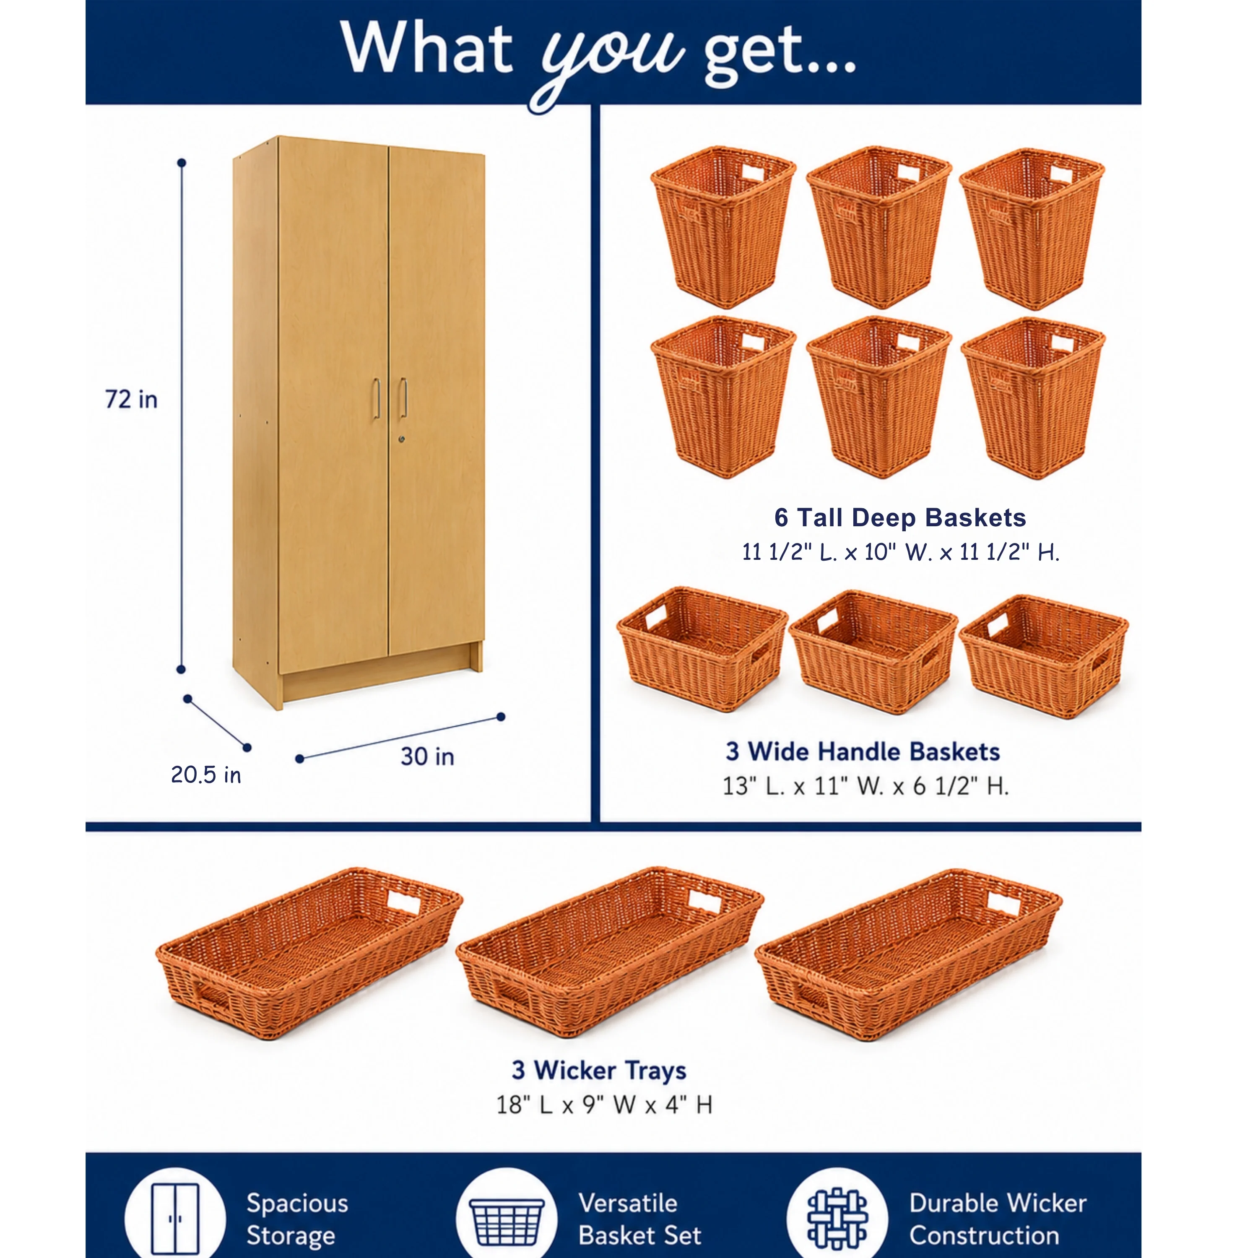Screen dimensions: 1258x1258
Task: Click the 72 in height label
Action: point(132,399)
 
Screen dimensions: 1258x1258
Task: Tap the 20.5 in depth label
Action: point(206,775)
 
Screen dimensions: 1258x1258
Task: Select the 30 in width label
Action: point(427,756)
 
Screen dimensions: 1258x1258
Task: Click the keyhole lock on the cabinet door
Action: point(402,439)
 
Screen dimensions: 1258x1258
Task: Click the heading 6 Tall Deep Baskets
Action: point(900,517)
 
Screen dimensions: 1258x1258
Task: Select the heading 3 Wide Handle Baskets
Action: point(863,751)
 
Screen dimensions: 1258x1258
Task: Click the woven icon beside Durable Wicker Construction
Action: point(837,1218)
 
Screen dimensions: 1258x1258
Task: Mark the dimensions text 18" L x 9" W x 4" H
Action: point(604,1105)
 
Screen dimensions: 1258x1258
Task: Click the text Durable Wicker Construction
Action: point(998,1219)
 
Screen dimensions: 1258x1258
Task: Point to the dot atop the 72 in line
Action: point(182,163)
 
